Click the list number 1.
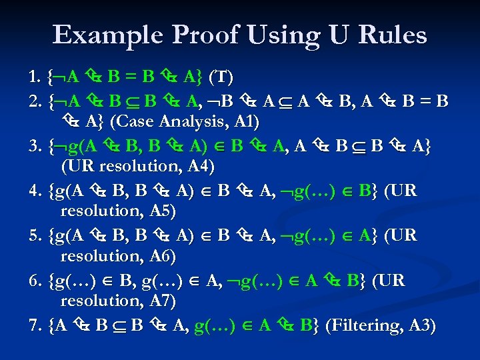[35, 78]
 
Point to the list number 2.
[35, 101]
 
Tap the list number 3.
[35, 145]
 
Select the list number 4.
[35, 191]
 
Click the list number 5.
[35, 235]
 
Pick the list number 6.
[35, 281]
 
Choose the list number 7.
[35, 325]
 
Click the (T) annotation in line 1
[221, 78]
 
